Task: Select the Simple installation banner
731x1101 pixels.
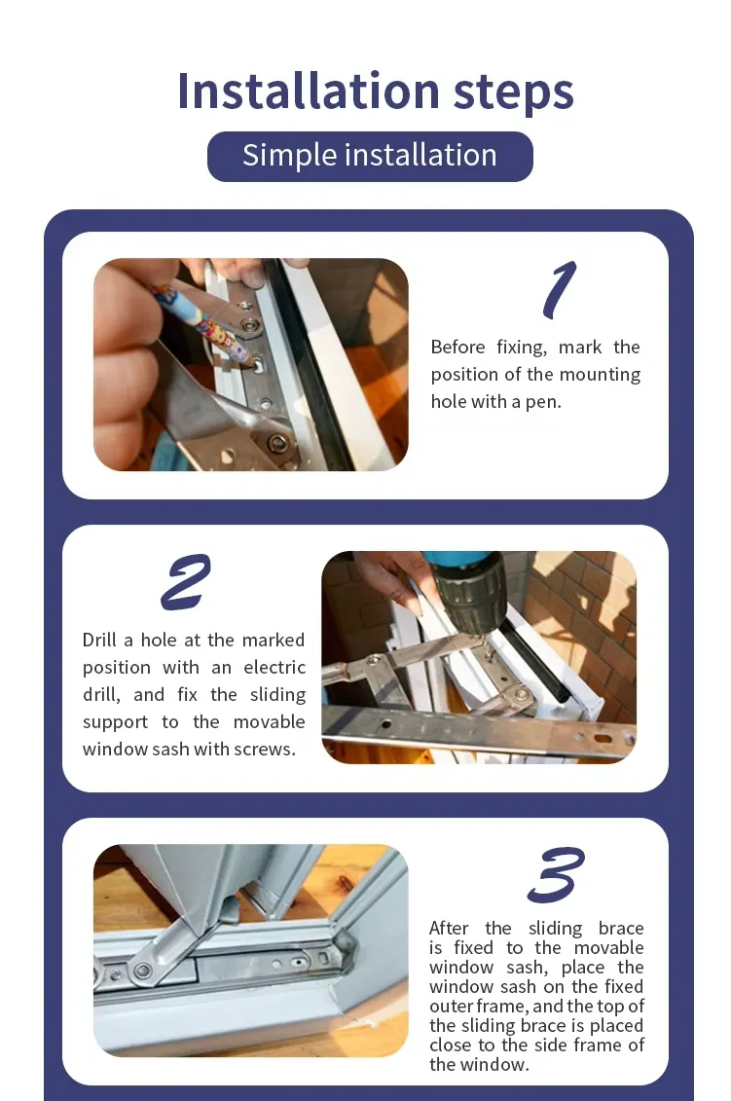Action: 370,156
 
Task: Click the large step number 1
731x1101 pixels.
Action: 559,289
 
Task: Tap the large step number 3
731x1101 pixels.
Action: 556,874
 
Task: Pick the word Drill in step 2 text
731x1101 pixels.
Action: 99,641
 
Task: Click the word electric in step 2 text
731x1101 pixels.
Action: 274,668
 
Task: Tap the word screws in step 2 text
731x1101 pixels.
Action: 264,750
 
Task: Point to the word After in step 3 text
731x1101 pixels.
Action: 449,929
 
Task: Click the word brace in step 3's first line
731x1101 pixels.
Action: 621,929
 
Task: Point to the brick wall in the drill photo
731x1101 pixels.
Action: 584,604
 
